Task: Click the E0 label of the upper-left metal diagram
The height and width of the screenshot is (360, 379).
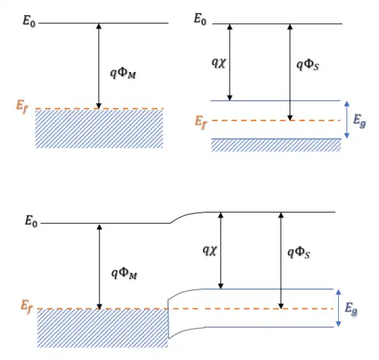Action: tap(29, 20)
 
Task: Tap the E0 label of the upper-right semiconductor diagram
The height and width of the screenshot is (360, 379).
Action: tap(200, 19)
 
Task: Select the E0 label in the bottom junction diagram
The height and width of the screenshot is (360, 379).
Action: tap(31, 221)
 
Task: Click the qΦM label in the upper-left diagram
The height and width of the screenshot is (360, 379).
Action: tap(123, 74)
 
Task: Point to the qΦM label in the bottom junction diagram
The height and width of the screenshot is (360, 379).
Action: tap(124, 274)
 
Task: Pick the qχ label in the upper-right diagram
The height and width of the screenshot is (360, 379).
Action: tap(218, 62)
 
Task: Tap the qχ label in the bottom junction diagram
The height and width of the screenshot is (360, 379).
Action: tap(210, 250)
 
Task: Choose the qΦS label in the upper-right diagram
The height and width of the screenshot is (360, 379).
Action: tap(308, 65)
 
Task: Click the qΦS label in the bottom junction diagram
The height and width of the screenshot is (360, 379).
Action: tap(299, 253)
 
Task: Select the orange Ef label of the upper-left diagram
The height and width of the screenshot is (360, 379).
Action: tap(22, 107)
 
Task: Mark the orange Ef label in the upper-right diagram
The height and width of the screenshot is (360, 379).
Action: tap(200, 122)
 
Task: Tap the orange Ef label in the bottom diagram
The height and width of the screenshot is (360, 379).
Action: tap(27, 306)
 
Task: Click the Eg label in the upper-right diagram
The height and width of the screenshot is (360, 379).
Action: tap(359, 121)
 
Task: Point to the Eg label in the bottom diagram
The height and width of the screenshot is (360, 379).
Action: tap(351, 309)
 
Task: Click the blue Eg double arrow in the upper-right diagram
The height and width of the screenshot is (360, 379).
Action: tap(347, 120)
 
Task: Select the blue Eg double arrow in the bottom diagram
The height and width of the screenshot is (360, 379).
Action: tap(339, 308)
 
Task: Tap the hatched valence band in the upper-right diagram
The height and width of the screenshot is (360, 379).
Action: tap(276, 145)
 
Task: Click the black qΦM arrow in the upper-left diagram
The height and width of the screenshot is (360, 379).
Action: tap(99, 66)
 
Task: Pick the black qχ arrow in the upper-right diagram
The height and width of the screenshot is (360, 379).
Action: tap(230, 62)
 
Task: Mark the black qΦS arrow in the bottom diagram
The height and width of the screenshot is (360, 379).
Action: tap(280, 261)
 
